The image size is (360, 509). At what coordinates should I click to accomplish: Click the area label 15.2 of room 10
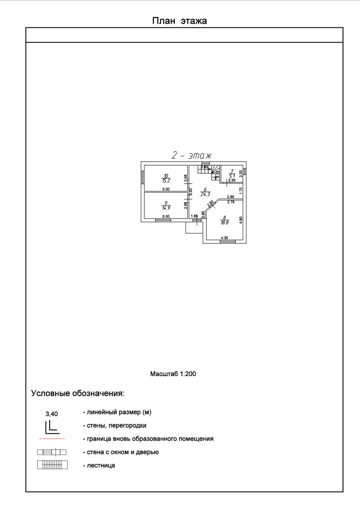(166, 181)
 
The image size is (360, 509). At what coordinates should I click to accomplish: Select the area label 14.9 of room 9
(166, 208)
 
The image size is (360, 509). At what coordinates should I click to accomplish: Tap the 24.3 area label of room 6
(205, 194)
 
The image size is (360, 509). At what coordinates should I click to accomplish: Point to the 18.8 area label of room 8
(225, 223)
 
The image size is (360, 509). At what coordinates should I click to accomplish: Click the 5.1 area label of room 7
(232, 176)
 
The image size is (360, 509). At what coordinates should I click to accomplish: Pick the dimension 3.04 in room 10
(186, 178)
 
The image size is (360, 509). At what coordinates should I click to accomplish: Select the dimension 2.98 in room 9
(186, 206)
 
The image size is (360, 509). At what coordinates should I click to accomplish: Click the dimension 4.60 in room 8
(241, 220)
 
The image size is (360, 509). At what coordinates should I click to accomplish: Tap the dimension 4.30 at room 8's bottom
(224, 238)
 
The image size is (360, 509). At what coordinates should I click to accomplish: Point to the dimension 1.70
(241, 191)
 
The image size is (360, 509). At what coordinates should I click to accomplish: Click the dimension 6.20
(191, 192)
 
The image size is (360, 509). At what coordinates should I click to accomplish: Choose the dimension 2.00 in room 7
(241, 173)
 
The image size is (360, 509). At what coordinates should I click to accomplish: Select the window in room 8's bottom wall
(228, 242)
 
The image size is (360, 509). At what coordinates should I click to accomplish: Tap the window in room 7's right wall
(245, 172)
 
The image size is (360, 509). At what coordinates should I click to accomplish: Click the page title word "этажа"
(194, 21)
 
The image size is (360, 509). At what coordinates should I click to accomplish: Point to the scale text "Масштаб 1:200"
(173, 374)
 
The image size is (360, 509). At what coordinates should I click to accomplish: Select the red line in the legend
(52, 439)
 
